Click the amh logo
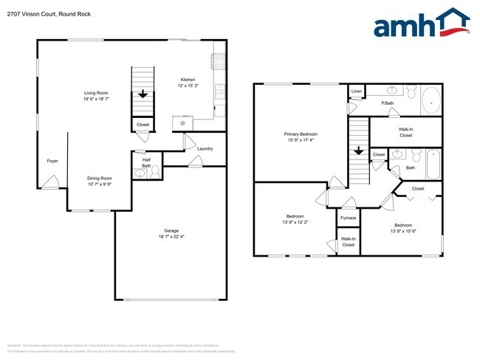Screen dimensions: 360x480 pos(421,24)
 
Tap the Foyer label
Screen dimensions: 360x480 pos(52,160)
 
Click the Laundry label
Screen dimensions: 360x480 pos(205,148)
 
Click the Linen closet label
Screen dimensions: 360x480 pos(357,91)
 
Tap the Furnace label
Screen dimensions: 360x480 pos(349,218)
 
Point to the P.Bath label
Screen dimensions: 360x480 pos(386,103)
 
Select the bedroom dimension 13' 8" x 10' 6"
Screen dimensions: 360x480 pos(403,231)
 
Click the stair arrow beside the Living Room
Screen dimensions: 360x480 pos(143,94)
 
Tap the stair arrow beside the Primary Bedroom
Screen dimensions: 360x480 pos(359,151)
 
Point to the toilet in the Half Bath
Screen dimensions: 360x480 pos(141,174)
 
